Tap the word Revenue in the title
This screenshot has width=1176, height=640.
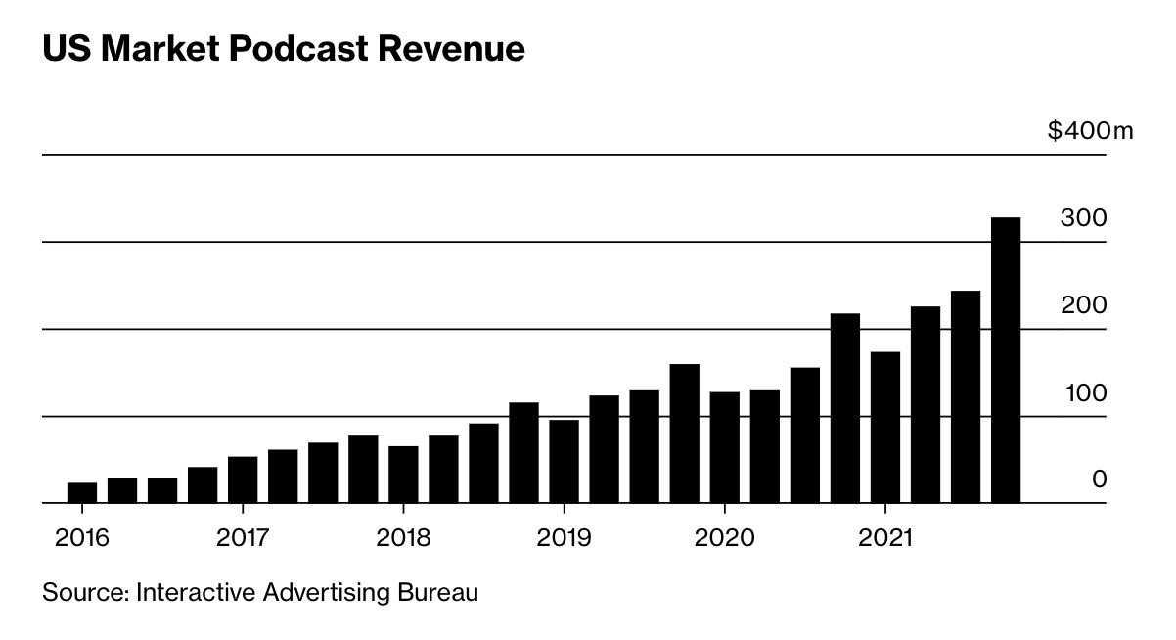click(446, 50)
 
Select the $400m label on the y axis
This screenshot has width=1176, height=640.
click(1089, 131)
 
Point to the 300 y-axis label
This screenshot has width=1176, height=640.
click(1083, 218)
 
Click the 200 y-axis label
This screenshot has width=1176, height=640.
click(1083, 305)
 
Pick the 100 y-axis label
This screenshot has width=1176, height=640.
click(1083, 392)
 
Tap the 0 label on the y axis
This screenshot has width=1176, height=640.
click(1099, 480)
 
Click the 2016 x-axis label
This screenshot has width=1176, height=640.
click(82, 538)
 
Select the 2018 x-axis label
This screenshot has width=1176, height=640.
click(403, 538)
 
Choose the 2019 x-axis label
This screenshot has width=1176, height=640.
click(564, 538)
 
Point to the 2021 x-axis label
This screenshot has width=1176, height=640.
click(885, 538)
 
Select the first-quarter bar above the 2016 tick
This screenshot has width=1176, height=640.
click(82, 493)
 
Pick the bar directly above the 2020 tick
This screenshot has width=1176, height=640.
click(724, 447)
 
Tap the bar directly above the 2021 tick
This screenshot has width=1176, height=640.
click(885, 428)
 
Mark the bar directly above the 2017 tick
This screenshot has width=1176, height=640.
click(243, 480)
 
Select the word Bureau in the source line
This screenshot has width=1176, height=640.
click(444, 592)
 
